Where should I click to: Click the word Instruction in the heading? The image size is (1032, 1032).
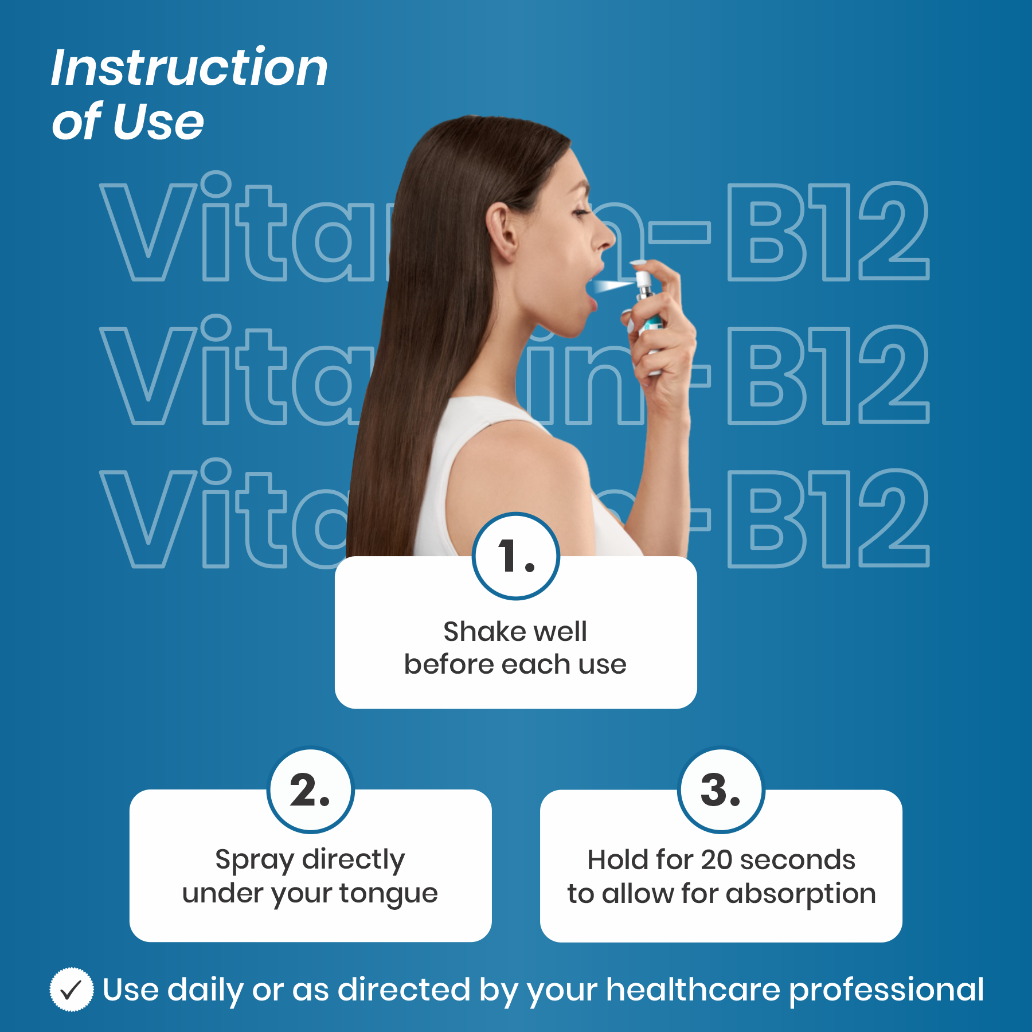click(190, 68)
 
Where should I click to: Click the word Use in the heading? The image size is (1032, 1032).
click(158, 122)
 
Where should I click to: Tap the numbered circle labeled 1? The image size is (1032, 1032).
click(516, 556)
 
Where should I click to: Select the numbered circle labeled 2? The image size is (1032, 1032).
click(311, 790)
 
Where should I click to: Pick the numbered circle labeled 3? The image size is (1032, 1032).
click(721, 790)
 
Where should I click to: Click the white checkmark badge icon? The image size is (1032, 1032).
click(72, 990)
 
